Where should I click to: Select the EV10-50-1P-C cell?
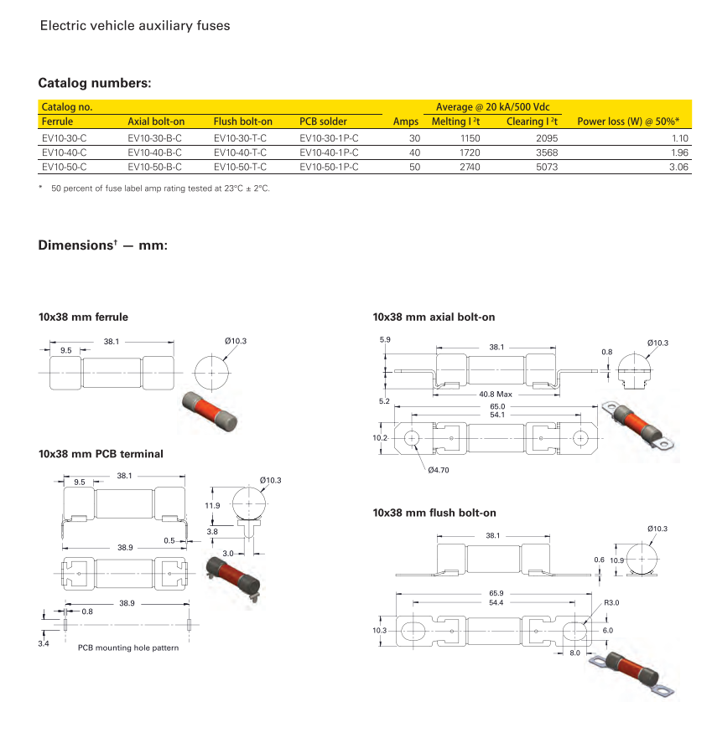click(x=329, y=167)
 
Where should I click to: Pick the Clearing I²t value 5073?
click(x=546, y=167)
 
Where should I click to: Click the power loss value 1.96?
click(x=678, y=152)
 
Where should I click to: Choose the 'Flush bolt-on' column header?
click(x=243, y=121)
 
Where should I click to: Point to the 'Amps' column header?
click(x=406, y=121)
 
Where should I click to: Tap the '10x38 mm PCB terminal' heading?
click(x=101, y=454)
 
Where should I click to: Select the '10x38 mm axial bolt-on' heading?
click(x=434, y=317)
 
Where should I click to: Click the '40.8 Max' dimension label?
click(x=495, y=394)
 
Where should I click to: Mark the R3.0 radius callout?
click(x=611, y=603)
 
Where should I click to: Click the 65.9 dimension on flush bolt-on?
click(x=496, y=594)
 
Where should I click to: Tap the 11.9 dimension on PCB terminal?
click(x=212, y=505)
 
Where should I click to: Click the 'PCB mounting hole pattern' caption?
click(x=128, y=648)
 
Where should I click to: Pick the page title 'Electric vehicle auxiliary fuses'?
click(x=135, y=25)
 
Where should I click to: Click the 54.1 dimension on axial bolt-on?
click(x=497, y=415)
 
